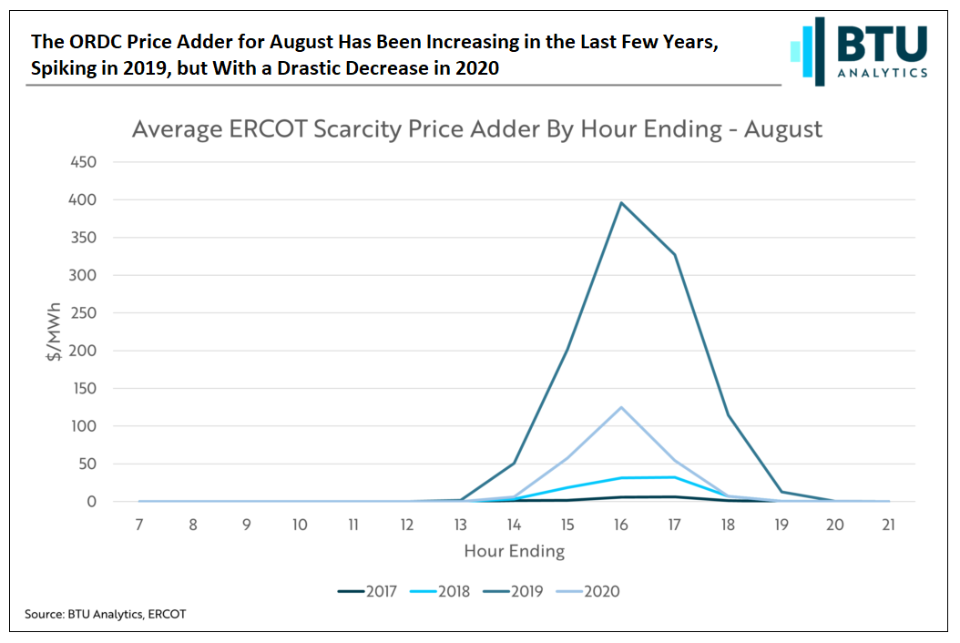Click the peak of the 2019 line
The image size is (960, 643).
point(621,203)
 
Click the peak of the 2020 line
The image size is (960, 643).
point(621,407)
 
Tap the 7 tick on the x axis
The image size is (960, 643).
point(139,525)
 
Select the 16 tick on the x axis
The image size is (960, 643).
point(621,525)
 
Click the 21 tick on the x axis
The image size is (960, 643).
point(889,525)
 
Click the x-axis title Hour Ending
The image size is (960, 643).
point(514,551)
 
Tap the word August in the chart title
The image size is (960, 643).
point(782,129)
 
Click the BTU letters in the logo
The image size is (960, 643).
point(882,43)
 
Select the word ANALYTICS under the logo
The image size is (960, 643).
point(882,73)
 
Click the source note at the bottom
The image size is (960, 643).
point(106,615)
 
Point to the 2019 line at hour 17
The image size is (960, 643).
point(675,255)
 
